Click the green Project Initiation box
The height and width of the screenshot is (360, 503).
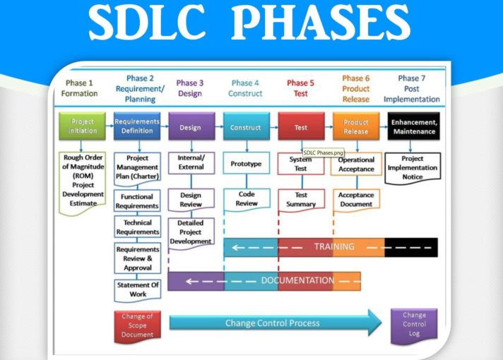(x=83, y=126)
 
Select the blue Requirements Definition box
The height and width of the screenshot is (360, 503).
(x=137, y=126)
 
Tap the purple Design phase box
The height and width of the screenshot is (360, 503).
(x=191, y=128)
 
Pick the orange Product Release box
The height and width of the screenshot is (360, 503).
(x=356, y=127)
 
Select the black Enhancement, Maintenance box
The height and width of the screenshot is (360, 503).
(x=414, y=127)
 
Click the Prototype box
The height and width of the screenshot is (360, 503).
(x=247, y=164)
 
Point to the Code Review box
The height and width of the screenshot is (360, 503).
(x=247, y=199)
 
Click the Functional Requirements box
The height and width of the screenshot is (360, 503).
(x=138, y=201)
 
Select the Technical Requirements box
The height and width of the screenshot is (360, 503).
(x=138, y=227)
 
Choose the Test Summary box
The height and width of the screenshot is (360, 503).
(x=301, y=200)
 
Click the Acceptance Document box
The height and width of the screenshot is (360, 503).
(x=356, y=200)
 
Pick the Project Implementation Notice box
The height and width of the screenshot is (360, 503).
(x=413, y=168)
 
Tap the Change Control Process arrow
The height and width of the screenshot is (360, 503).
(x=274, y=323)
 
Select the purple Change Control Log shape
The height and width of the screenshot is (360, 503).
(x=414, y=324)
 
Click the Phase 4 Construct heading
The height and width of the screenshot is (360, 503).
(x=245, y=88)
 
